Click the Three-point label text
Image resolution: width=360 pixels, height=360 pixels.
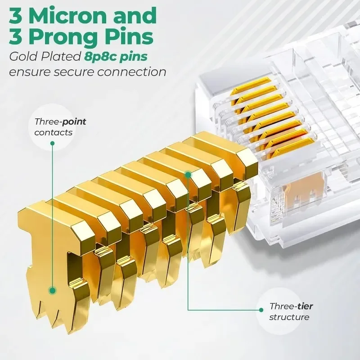pyautogui.click(x=60, y=121)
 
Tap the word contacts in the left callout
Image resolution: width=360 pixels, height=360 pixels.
pyautogui.click(x=53, y=133)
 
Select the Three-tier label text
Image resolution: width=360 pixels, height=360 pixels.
pyautogui.click(x=291, y=306)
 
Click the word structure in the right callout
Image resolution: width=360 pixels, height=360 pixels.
pyautogui.click(x=289, y=317)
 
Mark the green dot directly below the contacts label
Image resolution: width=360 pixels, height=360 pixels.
pyautogui.click(x=53, y=143)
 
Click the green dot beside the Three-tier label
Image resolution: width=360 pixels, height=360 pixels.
pyautogui.click(x=260, y=310)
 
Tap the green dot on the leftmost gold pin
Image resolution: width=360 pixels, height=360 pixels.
pyautogui.click(x=53, y=291)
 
